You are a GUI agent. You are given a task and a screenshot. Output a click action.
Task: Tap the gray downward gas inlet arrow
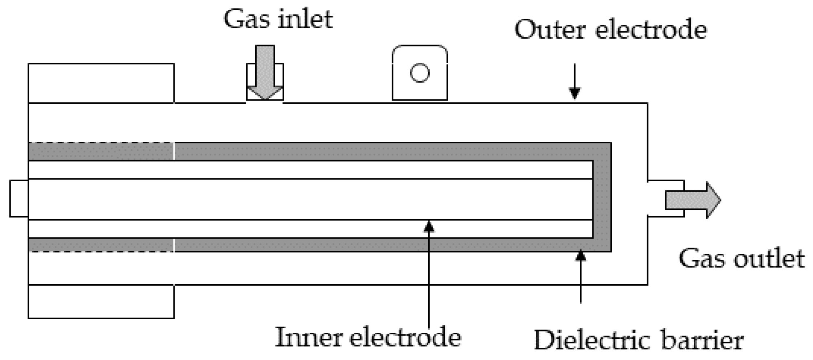[265, 73]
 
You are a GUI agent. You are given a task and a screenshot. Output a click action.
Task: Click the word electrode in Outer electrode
[651, 30]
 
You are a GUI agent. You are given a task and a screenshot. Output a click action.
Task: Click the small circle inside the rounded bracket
[420, 73]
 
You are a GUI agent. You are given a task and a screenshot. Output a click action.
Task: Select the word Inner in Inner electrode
[308, 338]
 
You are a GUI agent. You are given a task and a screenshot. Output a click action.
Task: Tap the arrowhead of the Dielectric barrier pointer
[581, 256]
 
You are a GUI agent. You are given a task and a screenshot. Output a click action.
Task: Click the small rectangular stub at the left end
[19, 198]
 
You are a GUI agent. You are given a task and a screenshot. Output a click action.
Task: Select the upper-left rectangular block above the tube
[101, 83]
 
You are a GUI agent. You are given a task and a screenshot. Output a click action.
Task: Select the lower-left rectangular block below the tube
[101, 301]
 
